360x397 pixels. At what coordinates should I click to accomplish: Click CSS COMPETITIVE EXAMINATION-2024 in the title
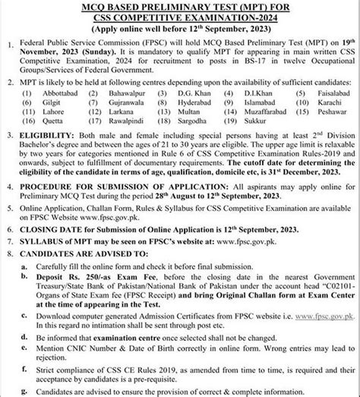pyautogui.click(x=179, y=17)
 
